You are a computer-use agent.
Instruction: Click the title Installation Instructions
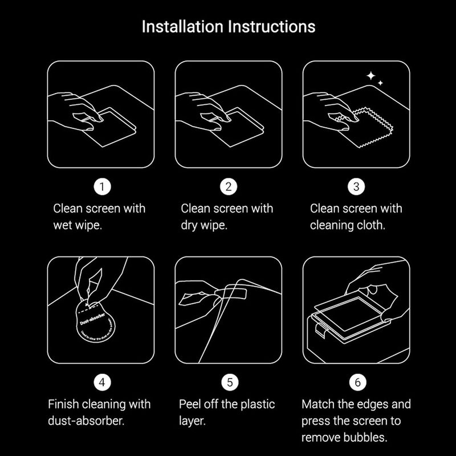tap(228, 27)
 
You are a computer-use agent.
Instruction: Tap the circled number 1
tap(101, 186)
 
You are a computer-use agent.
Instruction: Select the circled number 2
tap(228, 186)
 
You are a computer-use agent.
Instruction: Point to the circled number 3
tap(356, 186)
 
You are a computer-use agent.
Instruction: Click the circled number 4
tap(101, 382)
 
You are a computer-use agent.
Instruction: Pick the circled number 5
tap(228, 382)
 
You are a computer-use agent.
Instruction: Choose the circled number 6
tap(356, 382)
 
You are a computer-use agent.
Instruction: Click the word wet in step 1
tap(63, 225)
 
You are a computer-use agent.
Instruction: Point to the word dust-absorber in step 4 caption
tap(87, 421)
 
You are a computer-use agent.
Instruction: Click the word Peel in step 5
tap(192, 405)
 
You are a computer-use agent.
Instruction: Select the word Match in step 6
tap(317, 405)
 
